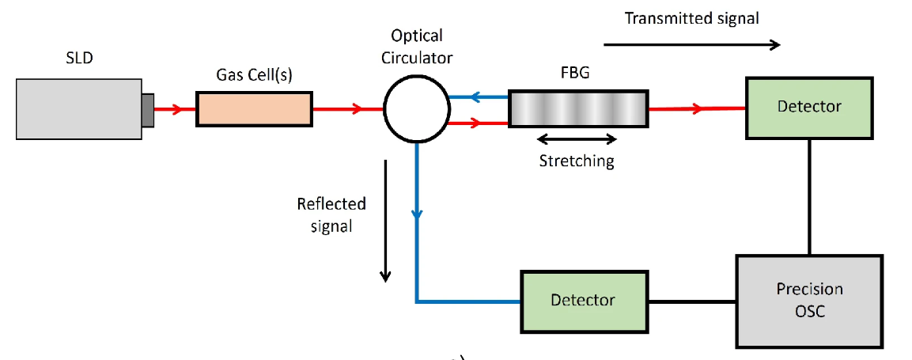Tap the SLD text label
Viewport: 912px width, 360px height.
[x=79, y=58]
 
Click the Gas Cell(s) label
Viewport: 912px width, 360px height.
[x=252, y=75]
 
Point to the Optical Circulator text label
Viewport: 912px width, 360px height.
[x=417, y=47]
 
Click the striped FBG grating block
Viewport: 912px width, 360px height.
[x=577, y=109]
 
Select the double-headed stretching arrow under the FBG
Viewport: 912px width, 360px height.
[x=577, y=139]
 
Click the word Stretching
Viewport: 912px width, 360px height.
[x=577, y=161]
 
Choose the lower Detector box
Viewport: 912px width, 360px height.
[x=583, y=301]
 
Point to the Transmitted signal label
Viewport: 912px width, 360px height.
[x=691, y=18]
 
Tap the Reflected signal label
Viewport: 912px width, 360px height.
[x=331, y=214]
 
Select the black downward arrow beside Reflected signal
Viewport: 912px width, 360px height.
[x=385, y=221]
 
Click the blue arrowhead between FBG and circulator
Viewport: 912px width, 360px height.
[x=476, y=98]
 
